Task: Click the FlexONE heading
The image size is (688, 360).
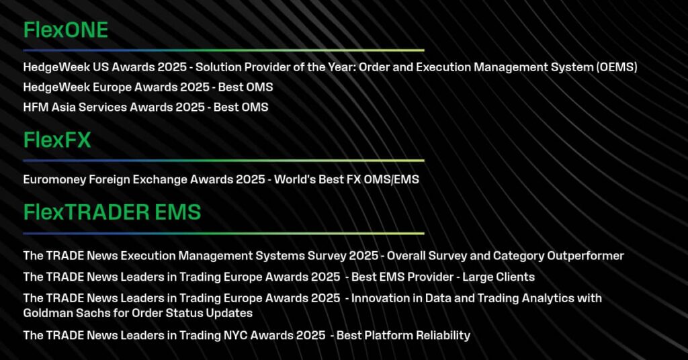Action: pyautogui.click(x=65, y=30)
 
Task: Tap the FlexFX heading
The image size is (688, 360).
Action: pyautogui.click(x=57, y=140)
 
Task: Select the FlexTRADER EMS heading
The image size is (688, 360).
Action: pyautogui.click(x=112, y=212)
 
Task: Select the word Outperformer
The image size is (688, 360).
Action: pyautogui.click(x=585, y=256)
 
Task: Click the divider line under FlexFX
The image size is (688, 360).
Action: pyautogui.click(x=224, y=161)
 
